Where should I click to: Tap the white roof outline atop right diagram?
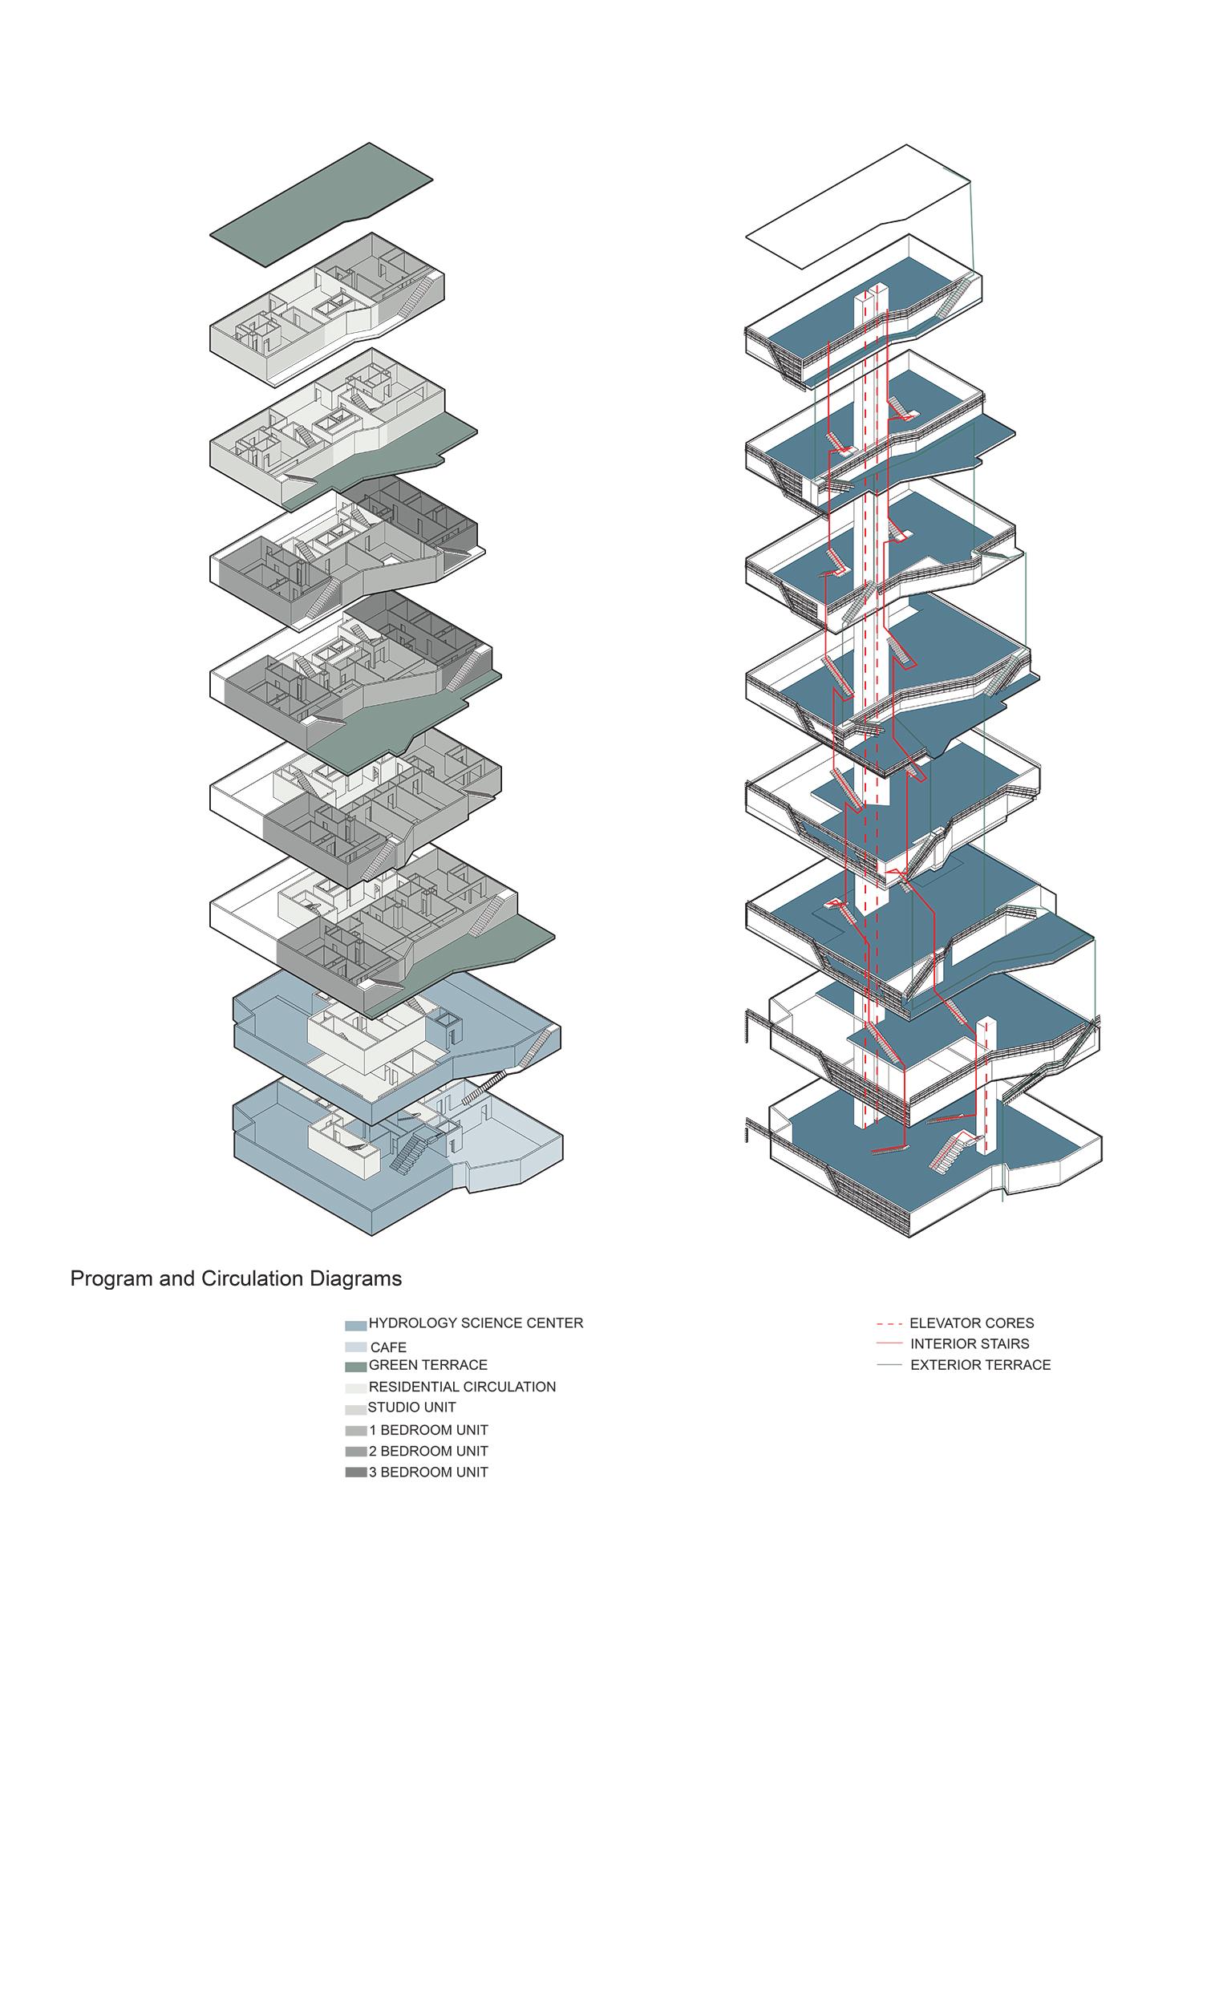(856, 209)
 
